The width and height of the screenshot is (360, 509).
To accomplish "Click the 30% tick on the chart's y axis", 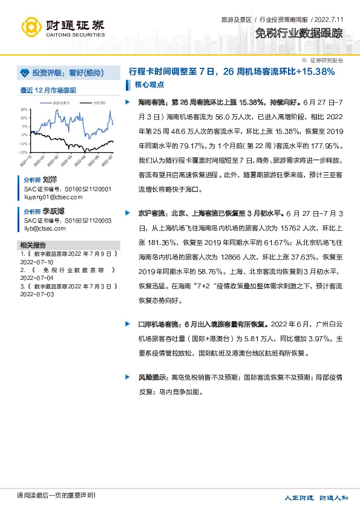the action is coord(24,109).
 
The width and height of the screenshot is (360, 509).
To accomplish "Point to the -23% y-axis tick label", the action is coord(23,152).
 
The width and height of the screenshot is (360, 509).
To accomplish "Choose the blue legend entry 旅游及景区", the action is coord(59,103).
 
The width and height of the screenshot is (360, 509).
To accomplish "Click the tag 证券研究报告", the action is coord(326,60).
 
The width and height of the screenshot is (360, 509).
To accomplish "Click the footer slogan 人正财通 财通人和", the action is coord(316,497).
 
